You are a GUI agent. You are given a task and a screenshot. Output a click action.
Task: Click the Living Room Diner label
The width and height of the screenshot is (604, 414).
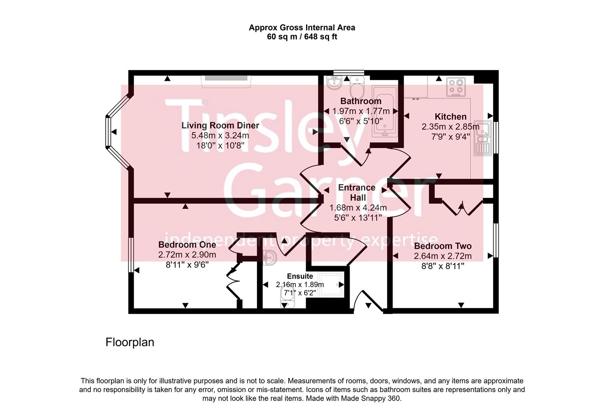(220, 125)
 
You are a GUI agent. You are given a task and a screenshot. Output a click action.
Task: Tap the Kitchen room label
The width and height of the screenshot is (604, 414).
(450, 117)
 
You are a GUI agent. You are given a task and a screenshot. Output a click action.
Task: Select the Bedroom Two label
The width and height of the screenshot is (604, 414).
(442, 246)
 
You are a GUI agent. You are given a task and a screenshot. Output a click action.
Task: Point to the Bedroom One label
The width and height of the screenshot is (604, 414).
(187, 245)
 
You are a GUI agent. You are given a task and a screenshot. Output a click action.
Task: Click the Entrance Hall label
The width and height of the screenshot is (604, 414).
(357, 192)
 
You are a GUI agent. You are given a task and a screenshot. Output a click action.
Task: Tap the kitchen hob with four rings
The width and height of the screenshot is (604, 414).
(456, 87)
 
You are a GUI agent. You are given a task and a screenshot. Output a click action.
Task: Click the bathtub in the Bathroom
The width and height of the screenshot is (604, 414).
(385, 111)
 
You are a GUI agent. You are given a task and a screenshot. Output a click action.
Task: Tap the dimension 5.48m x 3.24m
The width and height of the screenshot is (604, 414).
(220, 135)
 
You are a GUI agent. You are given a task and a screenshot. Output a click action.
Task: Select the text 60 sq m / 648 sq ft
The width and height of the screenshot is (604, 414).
(302, 37)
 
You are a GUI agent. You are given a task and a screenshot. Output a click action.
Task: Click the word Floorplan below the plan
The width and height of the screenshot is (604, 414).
(129, 342)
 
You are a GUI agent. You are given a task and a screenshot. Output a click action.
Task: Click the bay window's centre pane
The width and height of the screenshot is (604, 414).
(108, 131)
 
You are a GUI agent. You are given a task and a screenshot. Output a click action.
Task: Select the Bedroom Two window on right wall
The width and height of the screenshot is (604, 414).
(496, 240)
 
